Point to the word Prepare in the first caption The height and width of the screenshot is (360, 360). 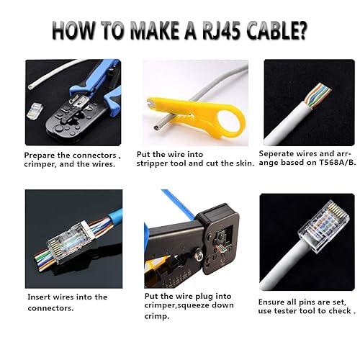pyautogui.click(x=41, y=155)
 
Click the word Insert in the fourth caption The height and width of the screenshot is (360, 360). pyautogui.click(x=41, y=297)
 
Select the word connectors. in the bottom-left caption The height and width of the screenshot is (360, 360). pyautogui.click(x=52, y=307)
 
